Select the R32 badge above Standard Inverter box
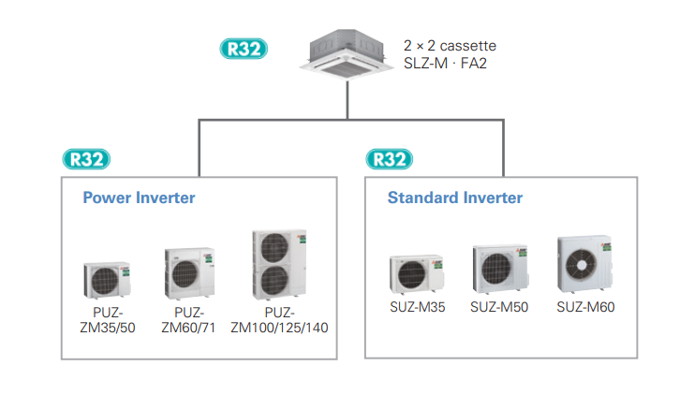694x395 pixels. [x=389, y=158]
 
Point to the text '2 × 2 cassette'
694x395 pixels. [x=450, y=45]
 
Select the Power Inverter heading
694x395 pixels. [x=139, y=197]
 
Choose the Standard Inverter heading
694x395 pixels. [x=455, y=197]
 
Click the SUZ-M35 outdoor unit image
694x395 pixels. [x=413, y=274]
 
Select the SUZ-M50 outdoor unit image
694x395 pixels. [x=499, y=271]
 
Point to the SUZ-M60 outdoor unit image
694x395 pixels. [x=586, y=266]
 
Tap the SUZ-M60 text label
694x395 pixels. [x=585, y=307]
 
